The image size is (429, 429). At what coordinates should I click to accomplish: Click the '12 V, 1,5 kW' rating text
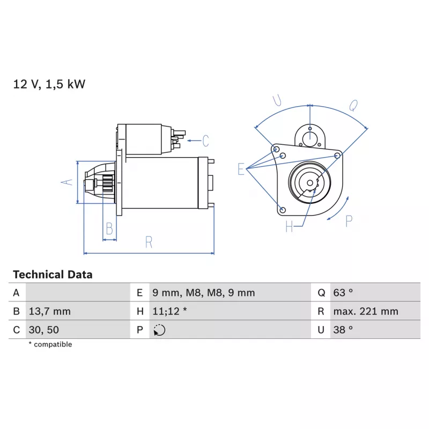click(x=49, y=84)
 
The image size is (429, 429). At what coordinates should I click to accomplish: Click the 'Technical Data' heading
click(x=53, y=275)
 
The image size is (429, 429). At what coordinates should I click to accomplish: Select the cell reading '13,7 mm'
click(x=49, y=312)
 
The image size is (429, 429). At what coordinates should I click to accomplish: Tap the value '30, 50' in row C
click(x=44, y=330)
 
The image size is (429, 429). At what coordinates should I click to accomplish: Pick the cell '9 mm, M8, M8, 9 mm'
click(x=204, y=293)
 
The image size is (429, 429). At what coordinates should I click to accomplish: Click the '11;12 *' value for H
click(x=169, y=311)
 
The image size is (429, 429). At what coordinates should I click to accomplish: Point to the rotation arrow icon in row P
click(x=159, y=330)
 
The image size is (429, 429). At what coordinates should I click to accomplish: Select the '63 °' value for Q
click(x=343, y=293)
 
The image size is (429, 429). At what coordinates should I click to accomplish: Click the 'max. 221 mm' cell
click(x=366, y=312)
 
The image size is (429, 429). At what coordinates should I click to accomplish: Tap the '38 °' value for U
click(x=343, y=330)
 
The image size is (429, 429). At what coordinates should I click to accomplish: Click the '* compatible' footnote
click(x=50, y=344)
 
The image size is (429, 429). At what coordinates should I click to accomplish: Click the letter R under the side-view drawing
click(x=149, y=242)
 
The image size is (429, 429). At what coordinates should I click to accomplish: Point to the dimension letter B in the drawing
click(x=109, y=229)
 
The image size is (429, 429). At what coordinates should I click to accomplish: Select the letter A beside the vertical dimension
click(x=66, y=182)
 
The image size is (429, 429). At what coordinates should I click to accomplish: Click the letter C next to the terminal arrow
click(x=205, y=141)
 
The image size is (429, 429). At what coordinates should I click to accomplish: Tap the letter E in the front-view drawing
click(x=241, y=169)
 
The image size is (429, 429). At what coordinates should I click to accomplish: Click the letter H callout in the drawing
click(x=289, y=226)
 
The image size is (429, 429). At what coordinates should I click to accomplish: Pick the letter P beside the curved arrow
click(x=349, y=221)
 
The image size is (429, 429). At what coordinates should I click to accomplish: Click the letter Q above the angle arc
click(x=353, y=105)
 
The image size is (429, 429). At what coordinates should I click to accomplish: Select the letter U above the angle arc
click(x=277, y=100)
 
